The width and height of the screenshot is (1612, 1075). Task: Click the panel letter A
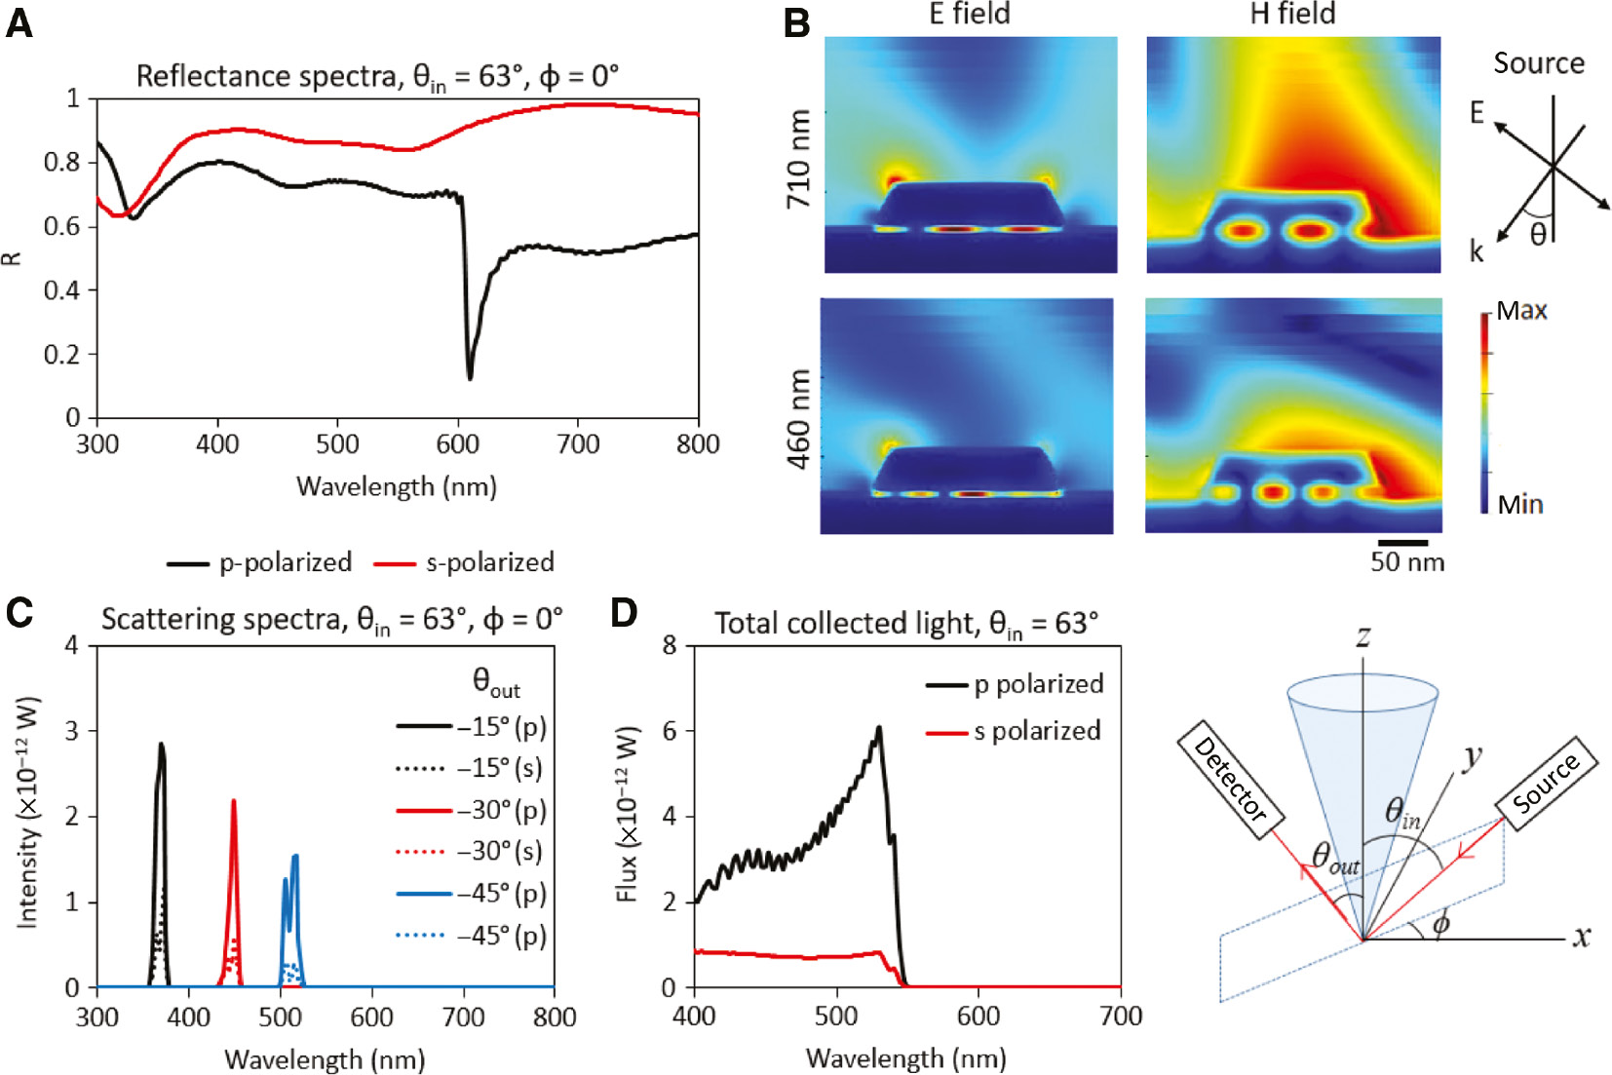click(x=19, y=21)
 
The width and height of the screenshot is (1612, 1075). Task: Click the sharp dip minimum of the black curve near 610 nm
click(x=470, y=377)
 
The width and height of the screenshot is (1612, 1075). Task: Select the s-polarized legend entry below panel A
click(x=466, y=562)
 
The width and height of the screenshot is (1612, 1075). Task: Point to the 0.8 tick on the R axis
click(x=60, y=162)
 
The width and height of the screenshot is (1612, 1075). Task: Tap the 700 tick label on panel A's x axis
click(x=577, y=445)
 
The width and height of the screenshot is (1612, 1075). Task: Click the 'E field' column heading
click(x=969, y=14)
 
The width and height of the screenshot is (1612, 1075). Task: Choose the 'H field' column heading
click(x=1292, y=14)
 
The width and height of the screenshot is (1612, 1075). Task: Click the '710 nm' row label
click(x=798, y=158)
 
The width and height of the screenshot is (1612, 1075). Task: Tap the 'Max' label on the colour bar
click(x=1522, y=311)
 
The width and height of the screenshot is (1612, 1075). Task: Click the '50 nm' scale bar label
click(x=1406, y=562)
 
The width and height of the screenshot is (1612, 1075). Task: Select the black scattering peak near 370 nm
click(x=162, y=746)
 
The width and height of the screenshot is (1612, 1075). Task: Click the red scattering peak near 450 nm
click(x=233, y=801)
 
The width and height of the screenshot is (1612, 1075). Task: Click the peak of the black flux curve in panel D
click(x=879, y=728)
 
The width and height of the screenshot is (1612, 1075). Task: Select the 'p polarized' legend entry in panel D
click(x=1038, y=684)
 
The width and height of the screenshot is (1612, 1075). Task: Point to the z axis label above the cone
click(x=1363, y=636)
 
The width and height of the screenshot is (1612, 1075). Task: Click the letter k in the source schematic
click(x=1477, y=251)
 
